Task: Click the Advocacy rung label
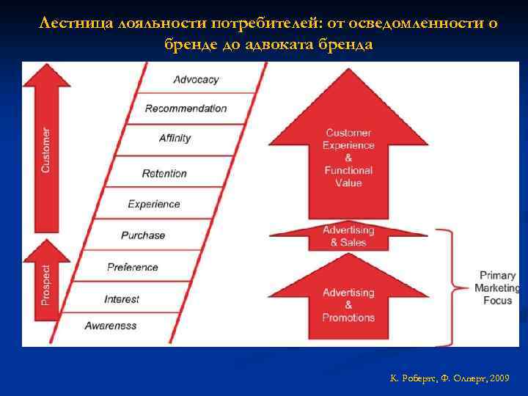pos(196,79)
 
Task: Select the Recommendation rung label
pos(186,109)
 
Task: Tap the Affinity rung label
pos(175,138)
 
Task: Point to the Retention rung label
pos(164,174)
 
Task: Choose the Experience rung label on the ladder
pos(154,204)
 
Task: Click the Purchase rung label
pos(143,235)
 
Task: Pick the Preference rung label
pos(133,267)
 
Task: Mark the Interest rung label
pos(122,299)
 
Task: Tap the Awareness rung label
pos(111,326)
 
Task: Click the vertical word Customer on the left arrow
pos(46,151)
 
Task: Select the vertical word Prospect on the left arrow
pos(46,285)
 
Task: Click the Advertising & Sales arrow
pos(348,236)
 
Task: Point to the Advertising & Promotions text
pos(348,305)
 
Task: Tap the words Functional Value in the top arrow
pos(348,177)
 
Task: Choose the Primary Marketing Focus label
pos(497,288)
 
